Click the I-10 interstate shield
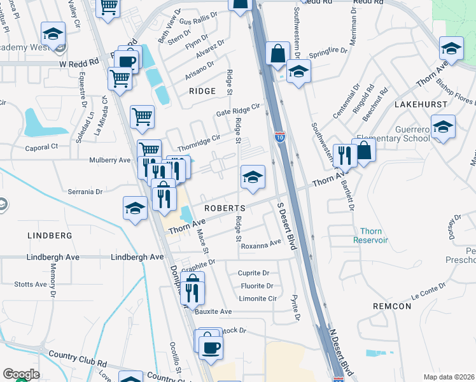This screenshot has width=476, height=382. (280, 136)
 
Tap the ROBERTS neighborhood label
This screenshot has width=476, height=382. (224, 209)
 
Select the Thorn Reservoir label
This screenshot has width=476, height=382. (371, 236)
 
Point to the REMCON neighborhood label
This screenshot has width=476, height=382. (393, 306)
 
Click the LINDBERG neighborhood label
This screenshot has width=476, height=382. (50, 236)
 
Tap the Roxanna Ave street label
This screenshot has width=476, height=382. (261, 244)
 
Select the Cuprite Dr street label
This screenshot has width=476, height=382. (255, 272)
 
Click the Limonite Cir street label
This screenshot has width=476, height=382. (258, 298)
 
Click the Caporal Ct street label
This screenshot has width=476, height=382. (41, 147)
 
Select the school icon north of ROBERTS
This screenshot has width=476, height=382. (253, 177)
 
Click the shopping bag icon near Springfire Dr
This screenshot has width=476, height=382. (278, 53)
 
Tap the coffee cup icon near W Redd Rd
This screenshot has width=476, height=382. (127, 62)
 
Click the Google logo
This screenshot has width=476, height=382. (21, 374)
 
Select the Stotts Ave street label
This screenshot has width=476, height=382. (31, 284)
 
